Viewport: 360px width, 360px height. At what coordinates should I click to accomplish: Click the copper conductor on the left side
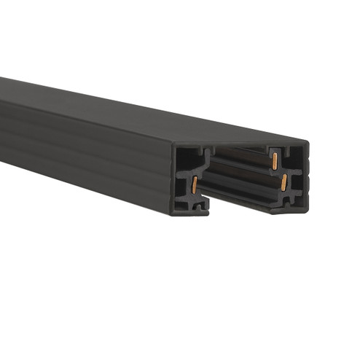pos(195,185)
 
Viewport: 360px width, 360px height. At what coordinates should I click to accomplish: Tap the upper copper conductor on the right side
pos(275,160)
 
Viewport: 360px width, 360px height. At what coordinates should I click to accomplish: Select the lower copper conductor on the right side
pos(283,181)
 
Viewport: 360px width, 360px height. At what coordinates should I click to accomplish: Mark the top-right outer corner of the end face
pos(307,142)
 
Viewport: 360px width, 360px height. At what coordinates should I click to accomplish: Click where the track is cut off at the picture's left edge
pos(3,117)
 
